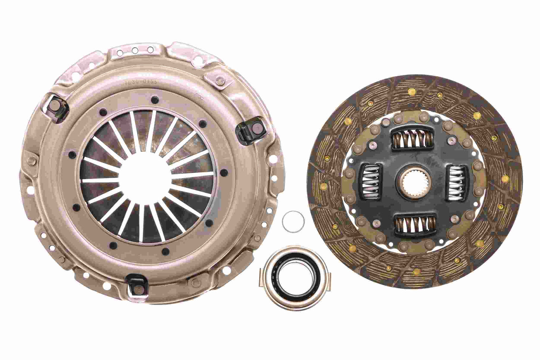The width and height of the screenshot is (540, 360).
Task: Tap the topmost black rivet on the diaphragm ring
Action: tap(153, 99)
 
